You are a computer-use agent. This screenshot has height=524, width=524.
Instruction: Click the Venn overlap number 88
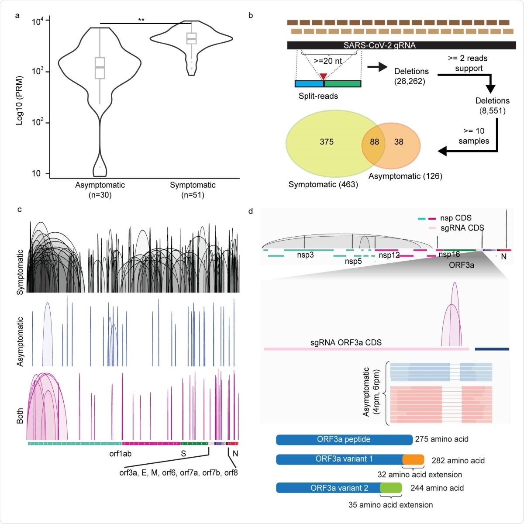click(x=374, y=142)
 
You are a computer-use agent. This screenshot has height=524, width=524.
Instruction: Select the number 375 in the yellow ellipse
click(x=326, y=142)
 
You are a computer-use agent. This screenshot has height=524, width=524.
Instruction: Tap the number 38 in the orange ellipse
click(x=398, y=142)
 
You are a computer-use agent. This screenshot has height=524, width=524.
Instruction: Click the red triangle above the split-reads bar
click(x=323, y=77)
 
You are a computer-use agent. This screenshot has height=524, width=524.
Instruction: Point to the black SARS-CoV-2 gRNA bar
click(x=401, y=45)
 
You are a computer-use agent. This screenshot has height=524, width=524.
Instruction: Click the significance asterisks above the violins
click(x=141, y=20)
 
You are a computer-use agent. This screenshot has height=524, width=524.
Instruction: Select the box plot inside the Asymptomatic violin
click(x=100, y=68)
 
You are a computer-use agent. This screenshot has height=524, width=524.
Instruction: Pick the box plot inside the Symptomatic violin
click(x=191, y=38)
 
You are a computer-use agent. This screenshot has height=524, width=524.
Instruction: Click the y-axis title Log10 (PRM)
click(x=19, y=100)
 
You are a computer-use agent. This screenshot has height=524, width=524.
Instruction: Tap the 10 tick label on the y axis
click(x=36, y=173)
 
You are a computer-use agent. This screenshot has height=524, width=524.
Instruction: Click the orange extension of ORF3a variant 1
click(x=413, y=459)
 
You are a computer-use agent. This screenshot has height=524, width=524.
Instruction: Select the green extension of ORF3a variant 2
click(x=391, y=488)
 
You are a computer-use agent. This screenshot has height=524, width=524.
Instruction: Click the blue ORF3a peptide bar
click(x=344, y=439)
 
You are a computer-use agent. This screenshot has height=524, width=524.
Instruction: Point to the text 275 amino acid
click(x=441, y=439)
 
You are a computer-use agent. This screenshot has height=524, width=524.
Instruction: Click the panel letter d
click(x=251, y=212)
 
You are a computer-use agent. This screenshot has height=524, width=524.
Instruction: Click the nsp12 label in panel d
click(x=389, y=255)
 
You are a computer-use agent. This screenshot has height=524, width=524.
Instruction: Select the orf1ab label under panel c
click(x=120, y=454)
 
